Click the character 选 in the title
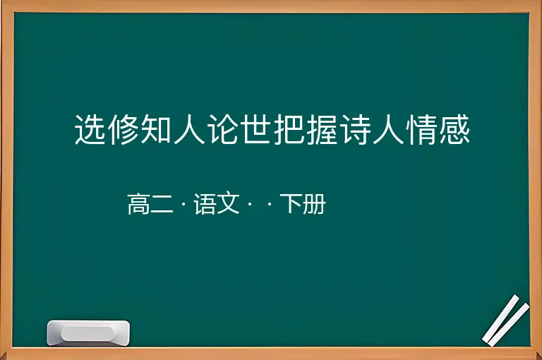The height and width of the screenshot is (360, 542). pos(90,129)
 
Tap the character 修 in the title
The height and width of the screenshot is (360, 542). pos(123,129)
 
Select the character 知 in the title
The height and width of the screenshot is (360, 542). pos(156,129)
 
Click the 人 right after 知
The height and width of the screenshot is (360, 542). pos(189,129)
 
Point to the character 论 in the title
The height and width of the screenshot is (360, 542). pos(222,129)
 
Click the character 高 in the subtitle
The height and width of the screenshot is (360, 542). pos(139,204)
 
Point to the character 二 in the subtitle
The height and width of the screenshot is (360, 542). pos(162,205)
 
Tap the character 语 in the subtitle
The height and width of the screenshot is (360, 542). pos(205,204)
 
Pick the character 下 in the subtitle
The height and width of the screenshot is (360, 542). pos(291,204)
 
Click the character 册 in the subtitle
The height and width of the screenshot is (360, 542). pos(315,204)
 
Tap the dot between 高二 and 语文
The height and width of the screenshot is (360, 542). pos(183,204)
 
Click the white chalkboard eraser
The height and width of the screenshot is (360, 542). pos(88,332)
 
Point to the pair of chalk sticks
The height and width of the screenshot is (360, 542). pos(506,320)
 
